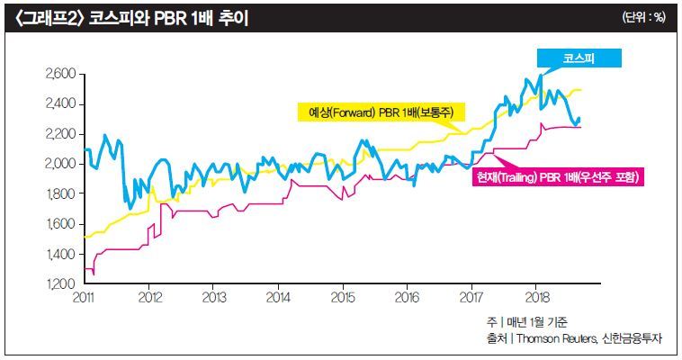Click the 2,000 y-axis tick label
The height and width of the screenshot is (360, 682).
(60, 164)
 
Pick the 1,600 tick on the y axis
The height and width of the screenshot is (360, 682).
(60, 224)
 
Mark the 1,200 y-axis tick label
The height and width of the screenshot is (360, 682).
(60, 283)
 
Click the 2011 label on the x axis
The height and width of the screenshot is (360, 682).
(84, 297)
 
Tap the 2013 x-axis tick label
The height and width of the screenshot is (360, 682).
(213, 297)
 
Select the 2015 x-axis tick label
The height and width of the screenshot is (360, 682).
(342, 297)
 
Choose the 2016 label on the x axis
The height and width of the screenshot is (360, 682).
(407, 297)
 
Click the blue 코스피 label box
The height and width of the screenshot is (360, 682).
(579, 58)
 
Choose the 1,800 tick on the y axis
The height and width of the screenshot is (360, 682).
(60, 193)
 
